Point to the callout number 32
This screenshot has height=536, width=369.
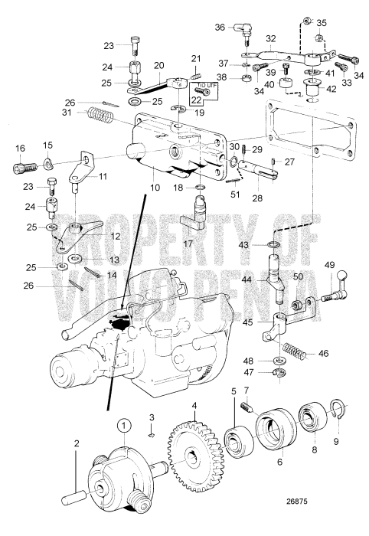tap(270, 37)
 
